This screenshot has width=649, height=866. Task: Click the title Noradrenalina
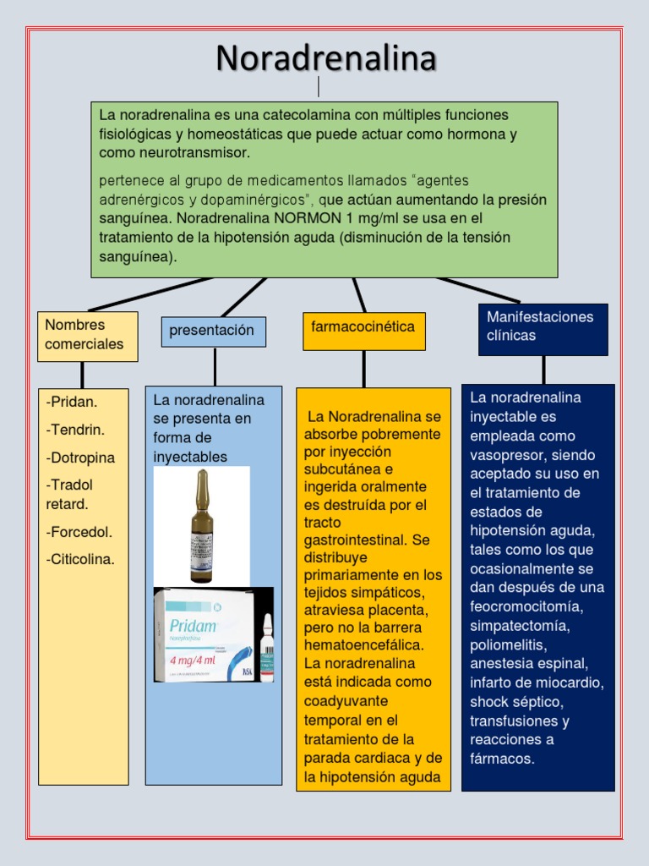325,58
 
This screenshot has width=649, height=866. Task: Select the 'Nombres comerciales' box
87,336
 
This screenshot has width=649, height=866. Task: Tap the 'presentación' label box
213,332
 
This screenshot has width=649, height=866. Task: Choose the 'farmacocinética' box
363,331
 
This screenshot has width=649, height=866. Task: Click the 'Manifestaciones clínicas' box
543,329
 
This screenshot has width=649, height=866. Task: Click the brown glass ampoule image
201,525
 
